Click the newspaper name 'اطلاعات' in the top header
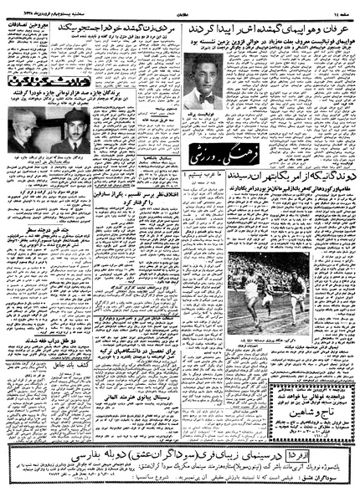click(181, 8)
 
